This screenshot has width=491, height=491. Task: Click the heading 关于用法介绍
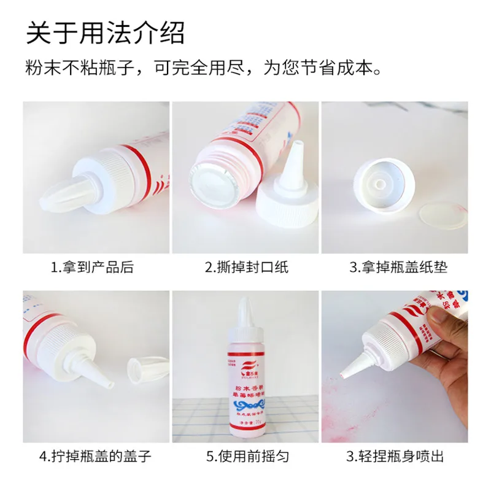coord(105,33)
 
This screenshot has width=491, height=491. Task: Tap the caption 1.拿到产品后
coord(92,267)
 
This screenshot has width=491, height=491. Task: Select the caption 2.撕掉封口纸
coord(246,267)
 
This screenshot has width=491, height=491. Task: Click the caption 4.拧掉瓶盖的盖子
coord(95,456)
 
